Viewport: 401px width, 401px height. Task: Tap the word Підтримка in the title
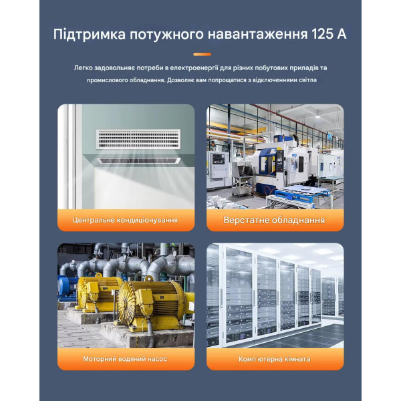coord(90,35)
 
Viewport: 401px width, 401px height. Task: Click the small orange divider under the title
coord(202,54)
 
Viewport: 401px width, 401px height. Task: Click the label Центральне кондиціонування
coord(126,220)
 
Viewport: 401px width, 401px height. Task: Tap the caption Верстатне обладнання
coord(274,220)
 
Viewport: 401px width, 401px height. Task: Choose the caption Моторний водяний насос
coord(125,359)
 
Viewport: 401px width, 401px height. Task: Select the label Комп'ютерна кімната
coord(275,359)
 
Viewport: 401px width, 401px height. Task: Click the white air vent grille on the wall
coord(138,139)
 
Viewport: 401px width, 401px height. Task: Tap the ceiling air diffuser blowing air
coord(138,161)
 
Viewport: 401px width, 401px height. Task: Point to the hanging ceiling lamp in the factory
coord(317,114)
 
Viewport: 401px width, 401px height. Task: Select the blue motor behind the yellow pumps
coord(67,286)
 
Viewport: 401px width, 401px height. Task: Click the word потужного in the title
coord(166,35)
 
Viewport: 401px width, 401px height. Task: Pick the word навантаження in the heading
coord(257,35)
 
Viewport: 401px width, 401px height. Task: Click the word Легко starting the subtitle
coord(83,68)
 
